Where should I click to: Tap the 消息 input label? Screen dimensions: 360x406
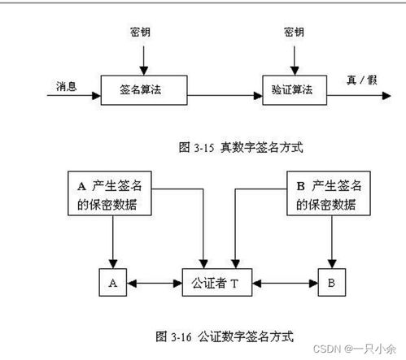[x=67, y=84]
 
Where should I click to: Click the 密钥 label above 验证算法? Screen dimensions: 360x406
[x=295, y=32]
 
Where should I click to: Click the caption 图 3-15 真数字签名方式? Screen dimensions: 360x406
[x=236, y=146]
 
